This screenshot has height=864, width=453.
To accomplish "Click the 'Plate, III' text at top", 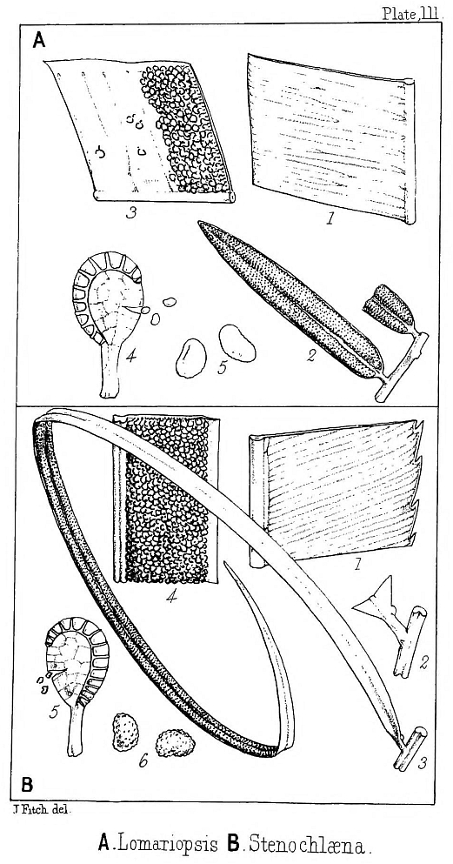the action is [x=413, y=13].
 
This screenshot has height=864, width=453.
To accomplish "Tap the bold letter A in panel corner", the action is [x=38, y=40].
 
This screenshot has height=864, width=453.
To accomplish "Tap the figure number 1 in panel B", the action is [x=356, y=564].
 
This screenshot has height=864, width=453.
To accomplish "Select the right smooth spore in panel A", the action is [x=237, y=343].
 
